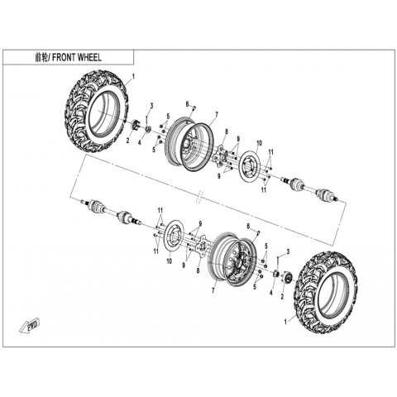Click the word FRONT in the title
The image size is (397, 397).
[64, 58]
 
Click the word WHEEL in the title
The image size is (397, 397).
[89, 58]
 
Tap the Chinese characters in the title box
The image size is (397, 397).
[41, 58]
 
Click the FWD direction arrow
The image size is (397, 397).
[30, 326]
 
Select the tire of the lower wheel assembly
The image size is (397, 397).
[326, 293]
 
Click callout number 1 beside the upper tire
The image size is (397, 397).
[133, 77]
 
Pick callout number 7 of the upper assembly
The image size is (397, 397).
[217, 113]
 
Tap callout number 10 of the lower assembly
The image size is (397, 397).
[170, 261]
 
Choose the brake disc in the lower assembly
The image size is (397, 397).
[174, 237]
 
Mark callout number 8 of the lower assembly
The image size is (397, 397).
[198, 270]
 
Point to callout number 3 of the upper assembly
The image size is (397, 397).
[151, 105]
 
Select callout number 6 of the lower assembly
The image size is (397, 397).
[248, 226]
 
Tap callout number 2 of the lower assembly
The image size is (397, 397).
[282, 297]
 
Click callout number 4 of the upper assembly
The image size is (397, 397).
[140, 142]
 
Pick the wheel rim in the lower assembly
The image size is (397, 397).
[232, 256]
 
